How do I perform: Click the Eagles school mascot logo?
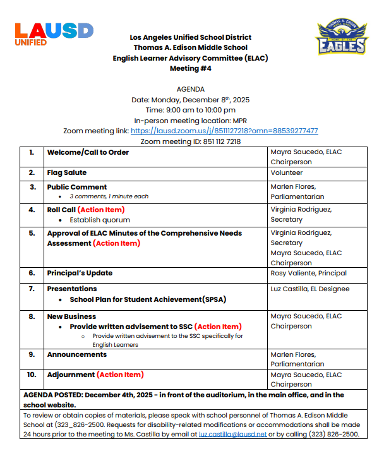[341, 37]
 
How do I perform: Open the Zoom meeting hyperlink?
[224, 131]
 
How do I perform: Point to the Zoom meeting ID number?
[222, 141]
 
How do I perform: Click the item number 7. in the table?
[32, 289]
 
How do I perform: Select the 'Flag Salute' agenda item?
[67, 172]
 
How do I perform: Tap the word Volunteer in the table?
[287, 172]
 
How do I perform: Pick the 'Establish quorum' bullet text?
[100, 220]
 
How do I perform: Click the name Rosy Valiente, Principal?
[309, 274]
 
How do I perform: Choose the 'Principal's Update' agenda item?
[80, 274]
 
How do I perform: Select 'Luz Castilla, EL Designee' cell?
[309, 289]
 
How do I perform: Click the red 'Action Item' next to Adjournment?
[120, 375]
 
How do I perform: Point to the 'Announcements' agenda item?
[77, 354]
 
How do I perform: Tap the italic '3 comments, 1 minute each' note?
[109, 196]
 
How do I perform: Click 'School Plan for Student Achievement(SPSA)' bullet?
[148, 299]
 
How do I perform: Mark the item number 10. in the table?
[32, 375]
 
